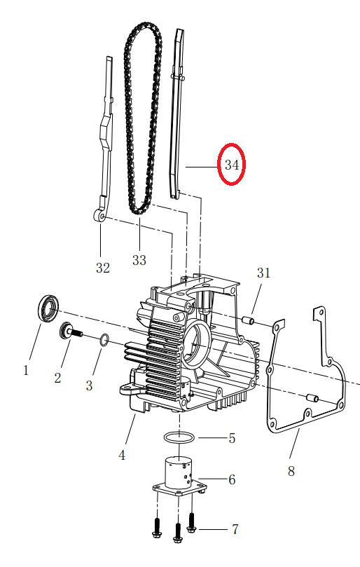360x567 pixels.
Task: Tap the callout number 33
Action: pos(139,260)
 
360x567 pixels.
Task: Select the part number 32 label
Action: pos(103,267)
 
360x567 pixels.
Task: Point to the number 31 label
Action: pos(263,272)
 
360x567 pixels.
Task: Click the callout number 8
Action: pos(291,471)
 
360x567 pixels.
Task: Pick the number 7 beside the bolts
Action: pos(235,529)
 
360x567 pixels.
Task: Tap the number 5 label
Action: pos(232,439)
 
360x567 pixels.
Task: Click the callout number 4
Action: pos(122,455)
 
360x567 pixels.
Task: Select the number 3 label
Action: pos(89,385)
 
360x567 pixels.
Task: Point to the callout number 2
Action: pos(57,378)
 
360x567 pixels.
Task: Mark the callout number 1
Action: pos(26,369)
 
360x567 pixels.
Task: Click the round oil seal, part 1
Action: pos(48,308)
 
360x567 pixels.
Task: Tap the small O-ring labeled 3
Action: pos(103,340)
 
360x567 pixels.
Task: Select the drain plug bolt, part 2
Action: pos(71,331)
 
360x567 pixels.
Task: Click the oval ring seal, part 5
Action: pos(179,438)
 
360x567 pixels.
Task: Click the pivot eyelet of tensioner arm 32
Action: pos(99,217)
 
